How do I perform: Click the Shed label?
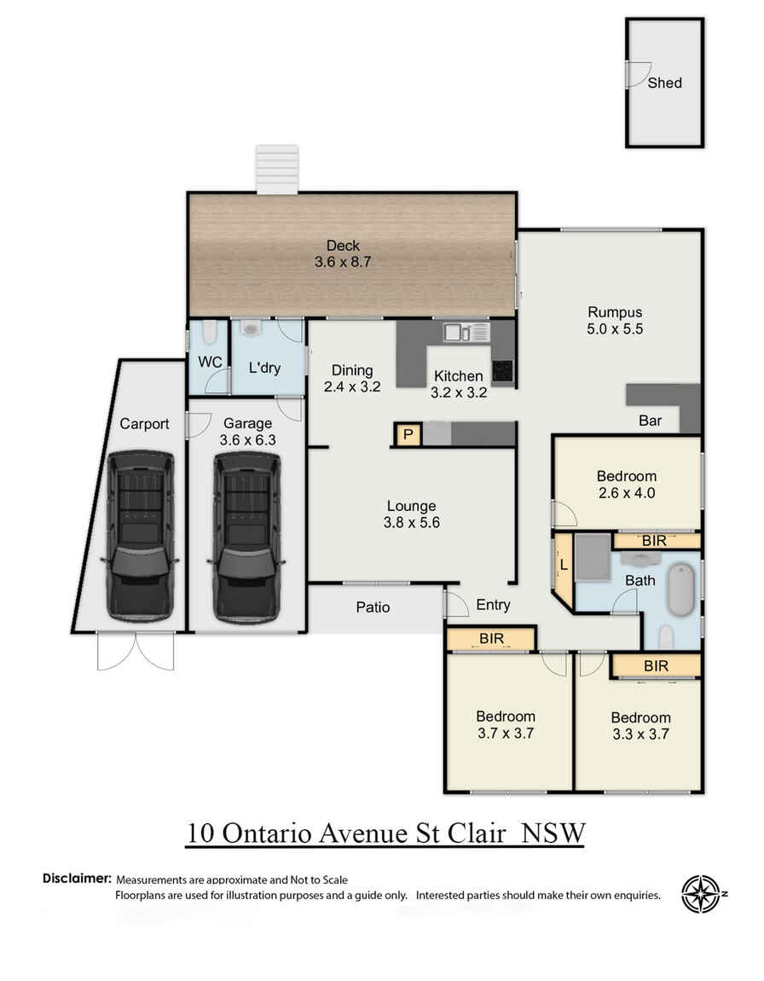coord(664,83)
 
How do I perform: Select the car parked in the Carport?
coord(140,535)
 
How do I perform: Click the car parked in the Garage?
coord(246,535)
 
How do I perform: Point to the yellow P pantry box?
coord(408,435)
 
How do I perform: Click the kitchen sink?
coord(465,332)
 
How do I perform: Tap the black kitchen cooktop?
coord(503,371)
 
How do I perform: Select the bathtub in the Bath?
coord(682,589)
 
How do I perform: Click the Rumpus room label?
coord(614,311)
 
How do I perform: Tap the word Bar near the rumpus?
coord(651,421)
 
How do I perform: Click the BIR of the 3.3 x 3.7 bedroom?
coord(655,665)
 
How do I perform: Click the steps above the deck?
coord(278,169)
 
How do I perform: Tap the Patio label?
coord(373,607)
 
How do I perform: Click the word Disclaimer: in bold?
coord(77,878)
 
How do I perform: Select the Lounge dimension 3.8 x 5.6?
coord(411,524)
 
